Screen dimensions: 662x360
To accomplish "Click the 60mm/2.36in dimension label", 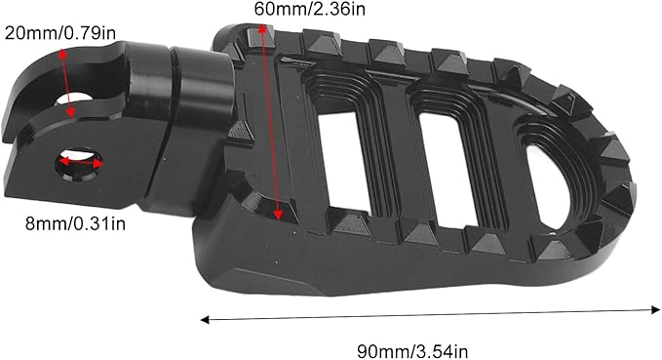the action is point(309,9).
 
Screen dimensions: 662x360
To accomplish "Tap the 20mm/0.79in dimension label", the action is point(59,33).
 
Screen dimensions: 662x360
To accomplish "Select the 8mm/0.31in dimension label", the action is point(76,223).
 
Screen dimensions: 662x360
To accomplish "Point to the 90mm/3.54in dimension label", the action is point(412,351).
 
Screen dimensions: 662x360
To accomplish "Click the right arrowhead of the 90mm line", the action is point(656,309).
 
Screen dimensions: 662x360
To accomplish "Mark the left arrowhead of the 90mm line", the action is point(205,320).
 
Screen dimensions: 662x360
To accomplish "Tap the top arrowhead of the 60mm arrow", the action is point(261,28).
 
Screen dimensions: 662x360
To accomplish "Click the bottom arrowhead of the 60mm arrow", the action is point(278,215).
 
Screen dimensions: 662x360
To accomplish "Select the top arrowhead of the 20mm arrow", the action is point(62,54).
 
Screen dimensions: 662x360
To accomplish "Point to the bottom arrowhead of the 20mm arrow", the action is point(71,112).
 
